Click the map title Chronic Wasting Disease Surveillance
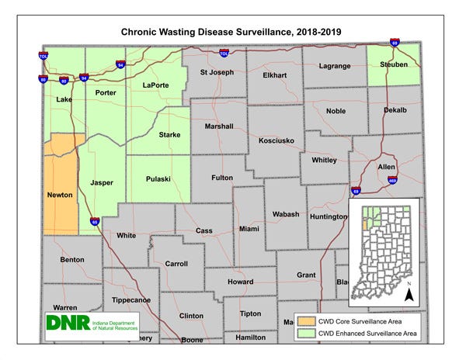tap(234, 33)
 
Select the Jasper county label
tap(102, 183)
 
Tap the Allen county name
tap(386, 167)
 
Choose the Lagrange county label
tap(336, 67)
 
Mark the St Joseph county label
tap(217, 73)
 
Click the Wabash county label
tap(286, 214)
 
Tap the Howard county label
tap(240, 282)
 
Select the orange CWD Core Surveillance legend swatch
tap(308, 320)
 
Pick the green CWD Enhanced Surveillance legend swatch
tap(308, 334)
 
